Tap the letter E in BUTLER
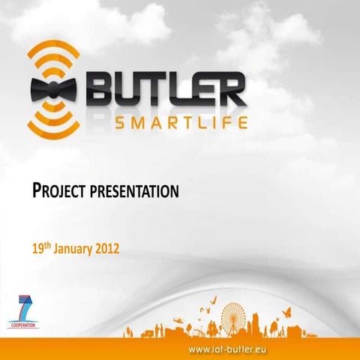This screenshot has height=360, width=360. [x=205, y=90]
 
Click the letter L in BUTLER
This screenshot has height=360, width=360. [x=182, y=90]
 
